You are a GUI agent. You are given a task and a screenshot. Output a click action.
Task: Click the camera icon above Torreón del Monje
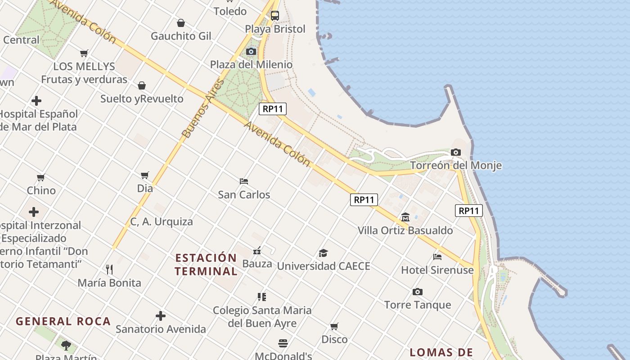coord(456,153)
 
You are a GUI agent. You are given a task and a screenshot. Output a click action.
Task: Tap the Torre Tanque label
coord(418,305)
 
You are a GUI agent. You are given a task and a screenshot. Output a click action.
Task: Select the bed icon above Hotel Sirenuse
coord(437,257)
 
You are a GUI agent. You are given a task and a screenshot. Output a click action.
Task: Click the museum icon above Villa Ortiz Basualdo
coord(405,217)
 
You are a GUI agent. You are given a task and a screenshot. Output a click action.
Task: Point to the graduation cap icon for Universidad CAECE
coord(323,253)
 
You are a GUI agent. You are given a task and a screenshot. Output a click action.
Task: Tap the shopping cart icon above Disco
coord(334,326)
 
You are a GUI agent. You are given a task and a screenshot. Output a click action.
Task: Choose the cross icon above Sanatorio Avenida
coord(161,316)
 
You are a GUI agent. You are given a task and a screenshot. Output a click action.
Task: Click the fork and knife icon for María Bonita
coord(109,270)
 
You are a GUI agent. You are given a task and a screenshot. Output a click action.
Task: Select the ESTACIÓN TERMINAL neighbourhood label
coord(206,265)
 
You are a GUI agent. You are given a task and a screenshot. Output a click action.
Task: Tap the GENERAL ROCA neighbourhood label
coord(63,321)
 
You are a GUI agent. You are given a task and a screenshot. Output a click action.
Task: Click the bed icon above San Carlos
coord(244,181)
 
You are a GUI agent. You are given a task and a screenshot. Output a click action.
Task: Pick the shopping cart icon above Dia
coord(144,175)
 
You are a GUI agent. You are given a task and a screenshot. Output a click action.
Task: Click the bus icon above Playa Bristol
coord(274,16)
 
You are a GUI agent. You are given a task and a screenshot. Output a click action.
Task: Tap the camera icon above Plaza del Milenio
coord(251,52)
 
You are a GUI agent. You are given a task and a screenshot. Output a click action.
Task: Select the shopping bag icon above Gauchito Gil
coord(180,23)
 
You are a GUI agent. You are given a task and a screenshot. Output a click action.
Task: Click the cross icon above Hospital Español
coord(36,101)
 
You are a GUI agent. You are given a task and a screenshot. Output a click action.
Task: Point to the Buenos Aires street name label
coord(203,109)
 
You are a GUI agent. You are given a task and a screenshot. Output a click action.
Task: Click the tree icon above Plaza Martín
coord(66,346)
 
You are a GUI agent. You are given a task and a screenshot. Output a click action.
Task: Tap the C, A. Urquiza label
coord(162,222)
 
